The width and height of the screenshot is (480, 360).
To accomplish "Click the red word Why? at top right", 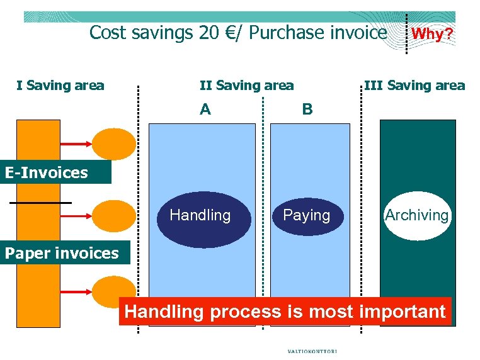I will pos(432,34).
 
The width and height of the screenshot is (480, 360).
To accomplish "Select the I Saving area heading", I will pos(60,86).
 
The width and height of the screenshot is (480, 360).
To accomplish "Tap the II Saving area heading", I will pos(246,86).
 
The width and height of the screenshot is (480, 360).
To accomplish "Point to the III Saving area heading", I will pos(414,86).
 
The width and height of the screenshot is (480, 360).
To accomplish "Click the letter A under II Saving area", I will pos(205,110).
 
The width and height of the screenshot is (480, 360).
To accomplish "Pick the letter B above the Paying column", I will pos(307,110).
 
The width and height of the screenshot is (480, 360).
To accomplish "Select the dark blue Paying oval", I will pos(307,216).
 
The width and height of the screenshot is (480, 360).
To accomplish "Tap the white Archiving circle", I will pos(417,216).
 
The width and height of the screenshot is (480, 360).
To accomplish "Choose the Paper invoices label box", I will pos(61,253).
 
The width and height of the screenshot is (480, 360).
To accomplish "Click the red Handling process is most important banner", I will pos(285,312).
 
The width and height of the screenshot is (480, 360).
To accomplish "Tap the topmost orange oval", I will pos(113,143).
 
